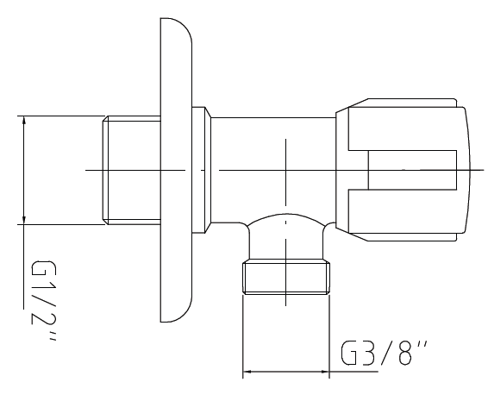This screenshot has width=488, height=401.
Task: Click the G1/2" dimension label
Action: click(x=43, y=301)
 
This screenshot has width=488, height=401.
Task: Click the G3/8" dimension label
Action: click(x=384, y=353)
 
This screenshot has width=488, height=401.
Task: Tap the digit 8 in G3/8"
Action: click(x=405, y=353)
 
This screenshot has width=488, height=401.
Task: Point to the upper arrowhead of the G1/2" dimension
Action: click(x=24, y=122)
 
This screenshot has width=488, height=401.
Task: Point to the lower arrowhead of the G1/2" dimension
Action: click(x=24, y=218)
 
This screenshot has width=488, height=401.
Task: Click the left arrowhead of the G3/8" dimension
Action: click(x=248, y=372)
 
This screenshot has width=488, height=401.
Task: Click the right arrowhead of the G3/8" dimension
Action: click(x=323, y=372)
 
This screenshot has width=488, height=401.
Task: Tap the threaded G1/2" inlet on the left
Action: click(x=132, y=170)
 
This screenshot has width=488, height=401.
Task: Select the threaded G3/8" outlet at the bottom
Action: click(x=286, y=278)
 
